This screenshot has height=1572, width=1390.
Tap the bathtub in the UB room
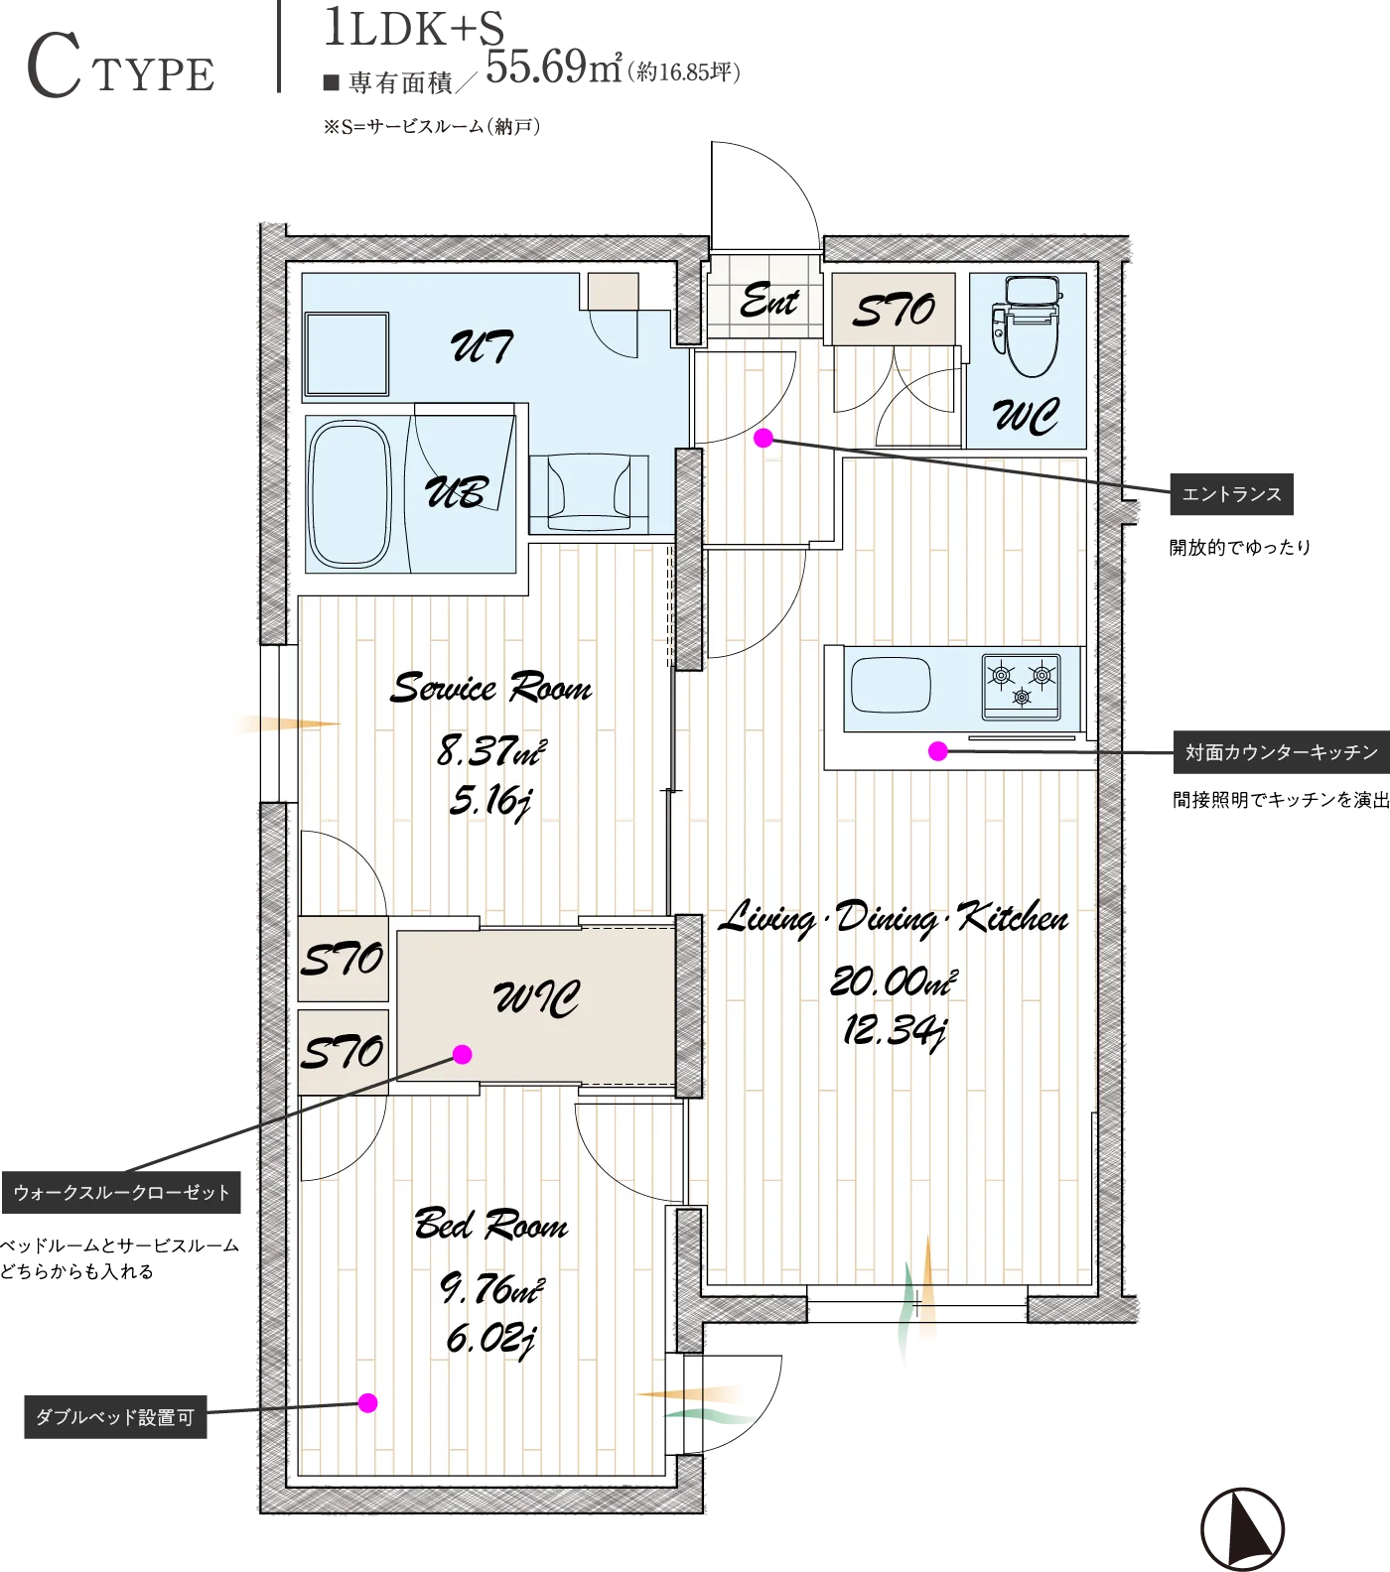click(x=349, y=493)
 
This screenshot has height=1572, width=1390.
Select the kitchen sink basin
click(x=891, y=684)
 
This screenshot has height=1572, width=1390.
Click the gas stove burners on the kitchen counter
click(x=1021, y=685)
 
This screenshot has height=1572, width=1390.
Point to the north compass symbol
click(x=1242, y=1529)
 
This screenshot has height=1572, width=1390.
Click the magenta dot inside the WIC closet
click(x=463, y=1054)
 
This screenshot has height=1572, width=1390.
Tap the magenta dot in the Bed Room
click(x=368, y=1402)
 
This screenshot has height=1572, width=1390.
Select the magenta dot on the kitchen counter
click(x=937, y=751)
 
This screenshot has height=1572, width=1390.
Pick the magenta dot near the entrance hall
click(x=764, y=438)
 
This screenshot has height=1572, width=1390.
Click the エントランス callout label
click(x=1232, y=494)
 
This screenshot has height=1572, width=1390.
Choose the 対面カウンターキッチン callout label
click(x=1281, y=752)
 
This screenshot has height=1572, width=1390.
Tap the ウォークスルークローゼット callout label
click(x=121, y=1192)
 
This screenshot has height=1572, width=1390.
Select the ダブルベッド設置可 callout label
click(x=115, y=1417)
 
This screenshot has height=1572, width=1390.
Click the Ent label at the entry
click(x=769, y=300)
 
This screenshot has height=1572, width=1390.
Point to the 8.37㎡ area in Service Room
click(x=491, y=750)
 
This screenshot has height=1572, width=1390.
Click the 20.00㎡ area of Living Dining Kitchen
click(x=894, y=982)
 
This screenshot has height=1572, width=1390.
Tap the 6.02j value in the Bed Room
click(x=491, y=1340)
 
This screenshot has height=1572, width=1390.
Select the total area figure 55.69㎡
click(x=554, y=66)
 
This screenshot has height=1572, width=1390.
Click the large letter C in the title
click(x=55, y=65)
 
